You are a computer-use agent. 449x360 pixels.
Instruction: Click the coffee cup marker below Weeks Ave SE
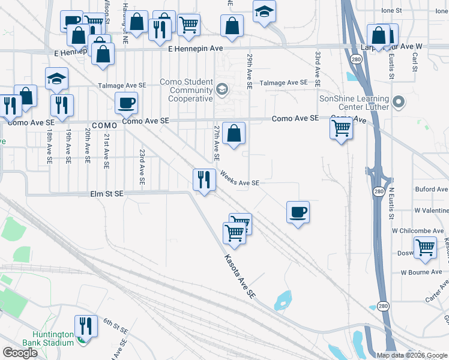(298, 212)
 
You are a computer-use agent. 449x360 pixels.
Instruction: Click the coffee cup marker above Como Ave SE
(126, 103)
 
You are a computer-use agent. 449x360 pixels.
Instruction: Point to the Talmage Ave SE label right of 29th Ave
(279, 83)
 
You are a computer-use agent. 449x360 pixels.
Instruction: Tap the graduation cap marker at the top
(264, 11)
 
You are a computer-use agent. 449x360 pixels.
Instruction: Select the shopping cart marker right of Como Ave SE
(341, 127)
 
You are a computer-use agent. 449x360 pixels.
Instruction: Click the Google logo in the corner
(20, 353)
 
